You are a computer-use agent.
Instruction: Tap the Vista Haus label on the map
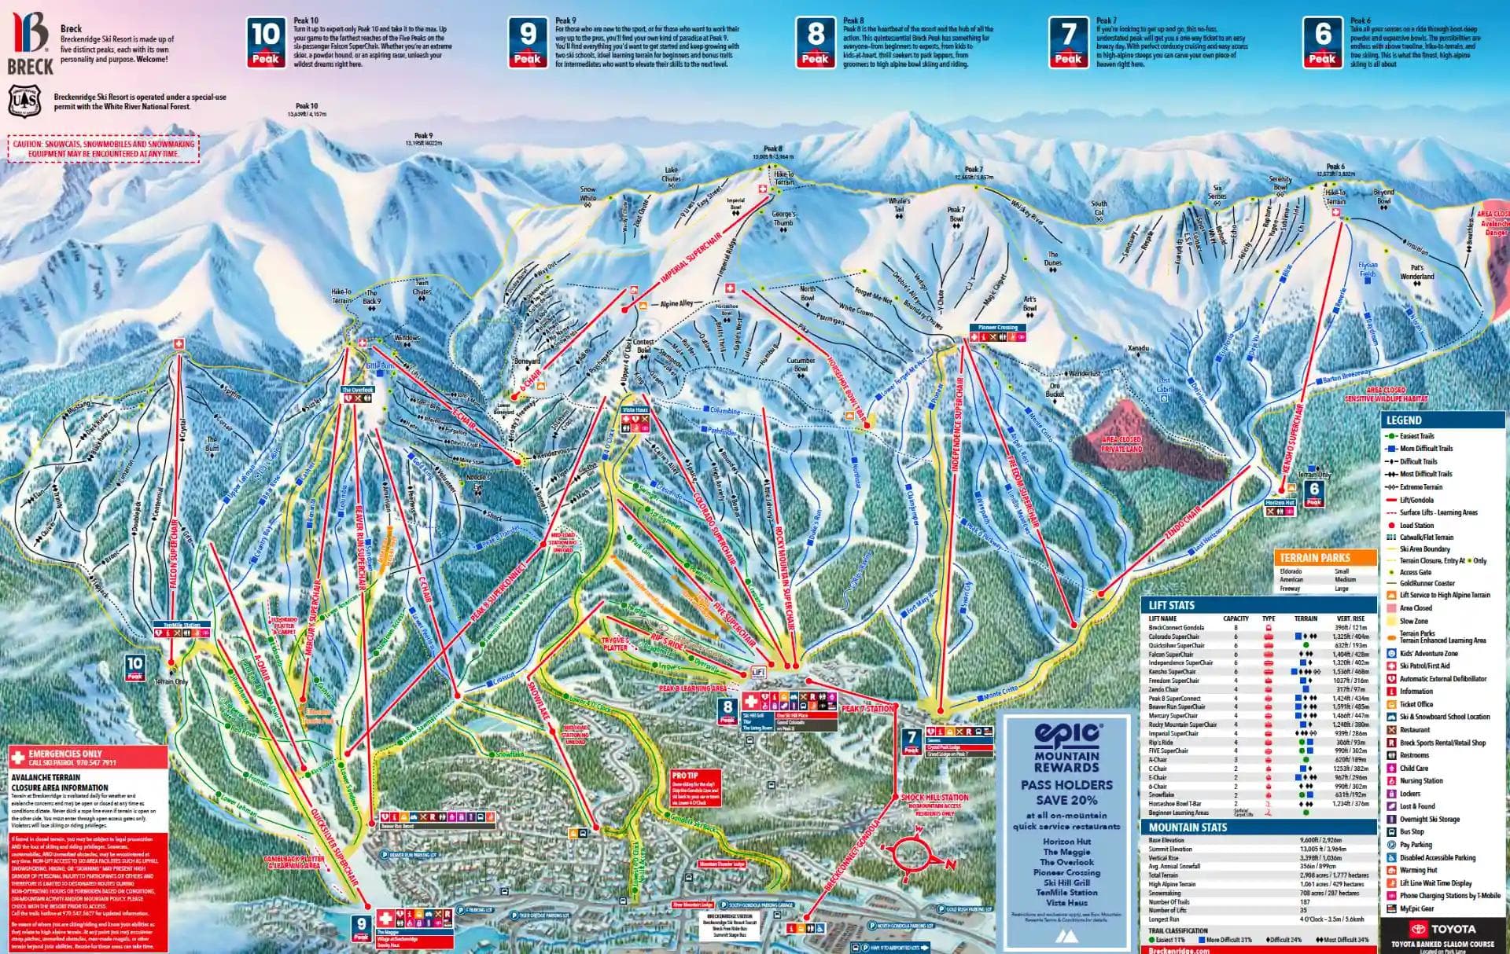(635, 410)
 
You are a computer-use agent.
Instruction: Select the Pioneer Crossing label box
(998, 328)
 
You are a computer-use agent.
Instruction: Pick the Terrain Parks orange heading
(1324, 557)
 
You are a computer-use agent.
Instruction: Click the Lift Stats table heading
(1172, 605)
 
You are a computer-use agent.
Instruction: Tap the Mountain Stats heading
(1188, 827)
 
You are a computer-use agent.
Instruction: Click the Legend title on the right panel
(1404, 420)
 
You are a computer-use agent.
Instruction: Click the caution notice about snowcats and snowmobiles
(105, 149)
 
